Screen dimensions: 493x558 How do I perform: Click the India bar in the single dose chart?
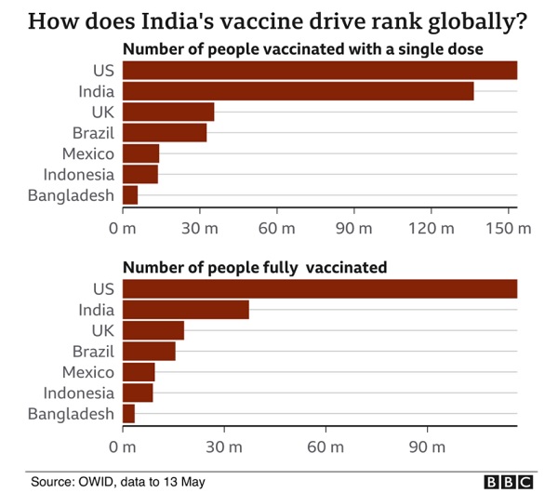[x=298, y=91]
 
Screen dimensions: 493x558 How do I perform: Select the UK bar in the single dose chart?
[x=168, y=112]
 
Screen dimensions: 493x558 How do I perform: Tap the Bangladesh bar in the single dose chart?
[x=130, y=194]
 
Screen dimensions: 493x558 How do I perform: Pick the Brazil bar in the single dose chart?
[x=165, y=132]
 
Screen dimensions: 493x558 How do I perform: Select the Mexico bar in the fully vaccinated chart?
[x=139, y=372]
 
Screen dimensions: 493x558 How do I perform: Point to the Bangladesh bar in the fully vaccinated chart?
[x=128, y=413]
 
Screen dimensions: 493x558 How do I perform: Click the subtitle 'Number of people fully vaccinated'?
[x=255, y=268]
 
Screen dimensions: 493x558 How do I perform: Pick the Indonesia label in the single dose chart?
[x=79, y=174]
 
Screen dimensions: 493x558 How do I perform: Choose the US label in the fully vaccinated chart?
[x=103, y=289]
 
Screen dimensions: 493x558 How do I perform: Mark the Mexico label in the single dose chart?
[x=88, y=153]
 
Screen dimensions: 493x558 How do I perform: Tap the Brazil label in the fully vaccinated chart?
[x=93, y=351]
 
